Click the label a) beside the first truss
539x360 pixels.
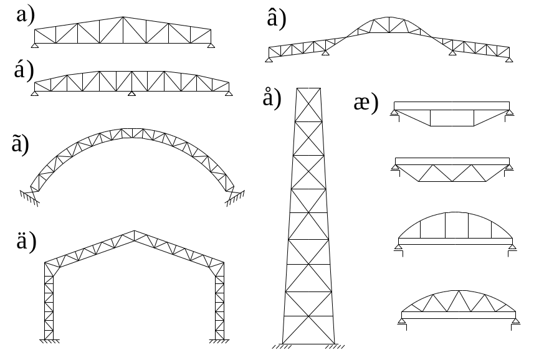click(26, 16)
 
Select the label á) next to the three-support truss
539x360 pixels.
click(24, 70)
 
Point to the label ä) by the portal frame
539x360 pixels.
click(26, 241)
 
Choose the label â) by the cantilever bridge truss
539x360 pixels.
click(277, 19)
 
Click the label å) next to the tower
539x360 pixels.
click(272, 98)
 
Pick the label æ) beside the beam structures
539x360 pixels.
click(366, 102)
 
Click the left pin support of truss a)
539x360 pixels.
click(35, 45)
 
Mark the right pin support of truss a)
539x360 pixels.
click(211, 45)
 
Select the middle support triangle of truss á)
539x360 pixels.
click(131, 93)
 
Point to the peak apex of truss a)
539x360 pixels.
click(123, 17)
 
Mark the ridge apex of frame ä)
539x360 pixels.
click(135, 231)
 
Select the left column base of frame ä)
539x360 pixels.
click(49, 341)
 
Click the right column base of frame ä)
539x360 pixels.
click(219, 341)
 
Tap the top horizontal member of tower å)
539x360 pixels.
click(308, 88)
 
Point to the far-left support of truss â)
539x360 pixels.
click(269, 60)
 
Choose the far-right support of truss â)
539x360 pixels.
click(509, 60)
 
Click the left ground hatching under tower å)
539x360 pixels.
click(282, 346)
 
